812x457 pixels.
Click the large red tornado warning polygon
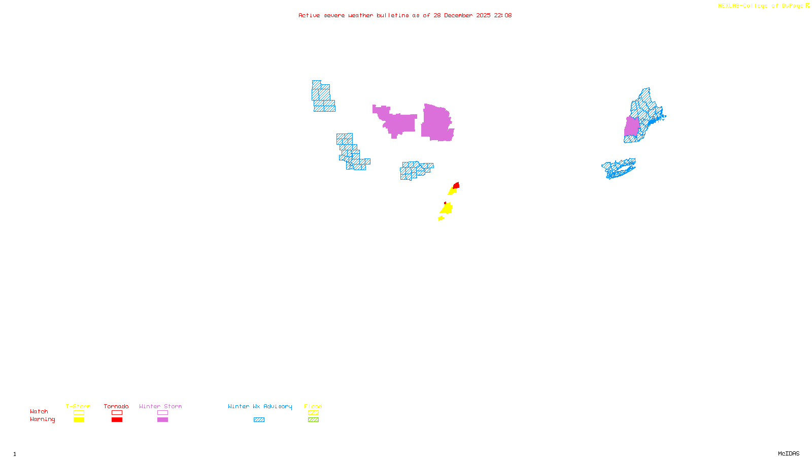pos(457,185)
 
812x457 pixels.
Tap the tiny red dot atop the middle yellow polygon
pos(446,203)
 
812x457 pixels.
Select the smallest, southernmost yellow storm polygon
pos(441,218)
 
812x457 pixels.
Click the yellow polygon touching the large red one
pos(452,191)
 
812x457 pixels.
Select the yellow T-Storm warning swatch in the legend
pos(79,420)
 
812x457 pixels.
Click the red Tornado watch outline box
pos(117,413)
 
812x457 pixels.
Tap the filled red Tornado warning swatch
pos(117,420)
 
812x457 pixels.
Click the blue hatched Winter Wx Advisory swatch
pos(259,420)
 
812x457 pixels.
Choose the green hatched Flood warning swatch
pos(313,420)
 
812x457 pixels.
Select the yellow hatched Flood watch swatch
pos(313,413)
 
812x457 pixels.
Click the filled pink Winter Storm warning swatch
pos(162,420)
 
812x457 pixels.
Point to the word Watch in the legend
pos(39,412)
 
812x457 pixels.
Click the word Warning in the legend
pos(42,419)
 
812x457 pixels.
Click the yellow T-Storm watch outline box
pos(79,413)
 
